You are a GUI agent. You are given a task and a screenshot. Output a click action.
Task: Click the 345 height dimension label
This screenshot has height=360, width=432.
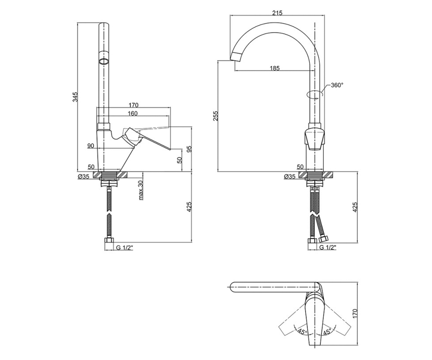pos(75,97)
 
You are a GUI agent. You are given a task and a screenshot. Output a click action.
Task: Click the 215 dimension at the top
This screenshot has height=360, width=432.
pos(277,13)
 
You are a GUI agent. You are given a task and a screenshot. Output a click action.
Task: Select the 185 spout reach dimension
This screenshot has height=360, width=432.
pos(275,68)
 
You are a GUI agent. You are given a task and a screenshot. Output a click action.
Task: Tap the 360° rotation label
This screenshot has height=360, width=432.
pos(337,85)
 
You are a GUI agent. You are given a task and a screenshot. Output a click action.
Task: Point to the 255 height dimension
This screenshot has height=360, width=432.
pos(215,116)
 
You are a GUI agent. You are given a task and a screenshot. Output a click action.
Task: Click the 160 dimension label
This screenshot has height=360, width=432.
pos(132,113)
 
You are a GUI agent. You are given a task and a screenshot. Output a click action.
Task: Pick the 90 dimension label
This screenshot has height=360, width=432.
pos(91,146)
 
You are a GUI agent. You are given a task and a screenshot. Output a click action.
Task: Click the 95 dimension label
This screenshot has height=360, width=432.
pos(189,149)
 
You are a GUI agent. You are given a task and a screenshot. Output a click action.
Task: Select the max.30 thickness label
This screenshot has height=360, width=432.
pos(141,190)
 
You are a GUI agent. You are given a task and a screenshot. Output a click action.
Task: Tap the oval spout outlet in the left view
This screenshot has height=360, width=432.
pos(104,62)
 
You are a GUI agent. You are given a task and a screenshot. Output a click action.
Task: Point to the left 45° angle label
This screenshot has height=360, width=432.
pos(302,332)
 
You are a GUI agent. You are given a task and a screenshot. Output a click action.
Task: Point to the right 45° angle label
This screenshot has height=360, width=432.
pos(327,332)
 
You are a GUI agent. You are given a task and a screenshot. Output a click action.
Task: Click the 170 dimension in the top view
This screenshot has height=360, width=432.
pos(355,314)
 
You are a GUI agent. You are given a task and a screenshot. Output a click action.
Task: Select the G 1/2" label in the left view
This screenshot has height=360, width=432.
pos(124,247)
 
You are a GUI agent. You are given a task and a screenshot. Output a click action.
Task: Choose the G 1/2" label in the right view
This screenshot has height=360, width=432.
pos(328,247)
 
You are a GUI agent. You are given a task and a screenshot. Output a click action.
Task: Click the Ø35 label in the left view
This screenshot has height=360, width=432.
pos(84,176)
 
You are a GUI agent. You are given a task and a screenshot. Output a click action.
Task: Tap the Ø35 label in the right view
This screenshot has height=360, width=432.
pos(290,176)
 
